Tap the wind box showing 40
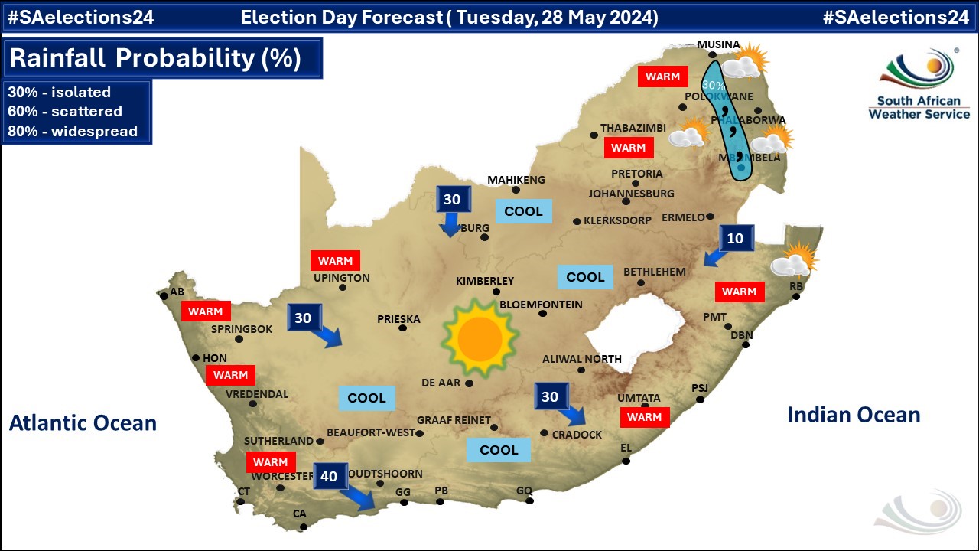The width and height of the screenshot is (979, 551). coord(329,476)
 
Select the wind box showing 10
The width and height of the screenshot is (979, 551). coord(735,238)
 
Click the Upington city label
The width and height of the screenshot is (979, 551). coord(341,278)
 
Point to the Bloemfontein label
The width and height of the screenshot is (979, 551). coord(541,305)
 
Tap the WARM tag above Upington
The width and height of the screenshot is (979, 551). coord(335,260)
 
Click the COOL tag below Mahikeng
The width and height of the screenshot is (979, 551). coord(523,211)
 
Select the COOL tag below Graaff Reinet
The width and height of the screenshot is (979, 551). coord(499,450)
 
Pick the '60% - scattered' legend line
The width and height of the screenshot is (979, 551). coord(65,112)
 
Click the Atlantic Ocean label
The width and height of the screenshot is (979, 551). coord(83,422)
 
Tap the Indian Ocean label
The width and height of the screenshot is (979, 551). coord(854,415)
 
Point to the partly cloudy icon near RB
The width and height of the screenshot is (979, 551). coord(794,259)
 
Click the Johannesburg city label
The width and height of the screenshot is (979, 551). coord(631,194)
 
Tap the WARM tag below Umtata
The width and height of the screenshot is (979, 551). coord(644,417)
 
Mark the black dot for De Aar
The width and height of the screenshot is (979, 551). coord(469,383)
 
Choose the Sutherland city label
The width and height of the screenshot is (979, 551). coord(278,441)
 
